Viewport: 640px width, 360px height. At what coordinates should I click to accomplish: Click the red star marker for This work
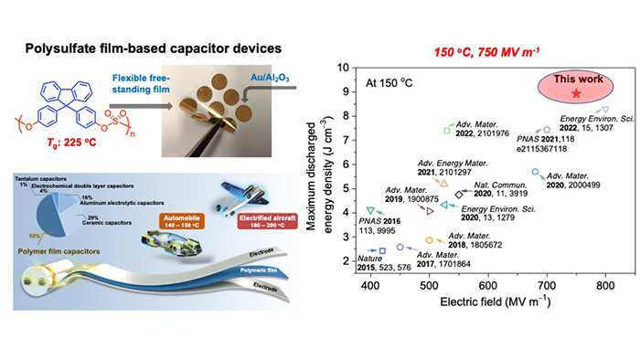point(574,94)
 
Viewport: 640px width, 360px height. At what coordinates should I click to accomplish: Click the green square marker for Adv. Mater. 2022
point(447,130)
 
